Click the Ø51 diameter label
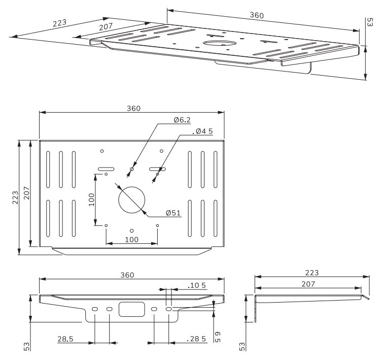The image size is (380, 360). (x=174, y=213)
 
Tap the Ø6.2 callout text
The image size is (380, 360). (x=182, y=120)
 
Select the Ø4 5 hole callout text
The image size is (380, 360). (x=202, y=131)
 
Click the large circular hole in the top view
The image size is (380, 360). (x=131, y=200)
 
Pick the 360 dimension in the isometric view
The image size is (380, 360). (x=257, y=15)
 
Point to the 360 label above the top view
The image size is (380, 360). (x=133, y=108)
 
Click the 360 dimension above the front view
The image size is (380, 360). (x=127, y=275)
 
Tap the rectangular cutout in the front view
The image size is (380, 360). (x=131, y=309)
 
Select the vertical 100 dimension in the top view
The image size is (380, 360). (x=92, y=200)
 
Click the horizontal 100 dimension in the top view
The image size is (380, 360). (x=131, y=240)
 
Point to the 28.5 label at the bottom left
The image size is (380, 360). (x=65, y=339)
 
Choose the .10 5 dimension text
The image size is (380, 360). (x=197, y=285)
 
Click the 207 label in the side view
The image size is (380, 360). (x=308, y=284)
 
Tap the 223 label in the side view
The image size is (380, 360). (x=312, y=273)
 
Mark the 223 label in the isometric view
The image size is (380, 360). (x=60, y=23)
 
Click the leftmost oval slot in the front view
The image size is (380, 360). (x=95, y=309)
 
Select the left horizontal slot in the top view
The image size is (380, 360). (x=106, y=169)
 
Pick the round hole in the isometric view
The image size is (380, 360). (x=220, y=43)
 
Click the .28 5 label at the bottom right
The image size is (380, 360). (x=196, y=339)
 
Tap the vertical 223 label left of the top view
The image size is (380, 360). (x=15, y=198)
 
